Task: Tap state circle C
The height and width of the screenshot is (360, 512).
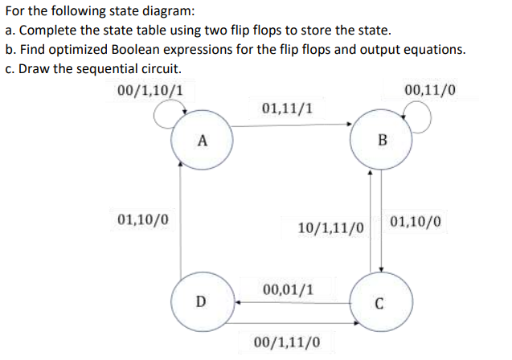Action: click(x=381, y=303)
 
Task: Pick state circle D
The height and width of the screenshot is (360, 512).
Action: click(x=201, y=302)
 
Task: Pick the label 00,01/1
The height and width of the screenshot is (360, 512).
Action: click(x=288, y=287)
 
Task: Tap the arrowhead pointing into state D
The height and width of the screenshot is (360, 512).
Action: click(x=237, y=303)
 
